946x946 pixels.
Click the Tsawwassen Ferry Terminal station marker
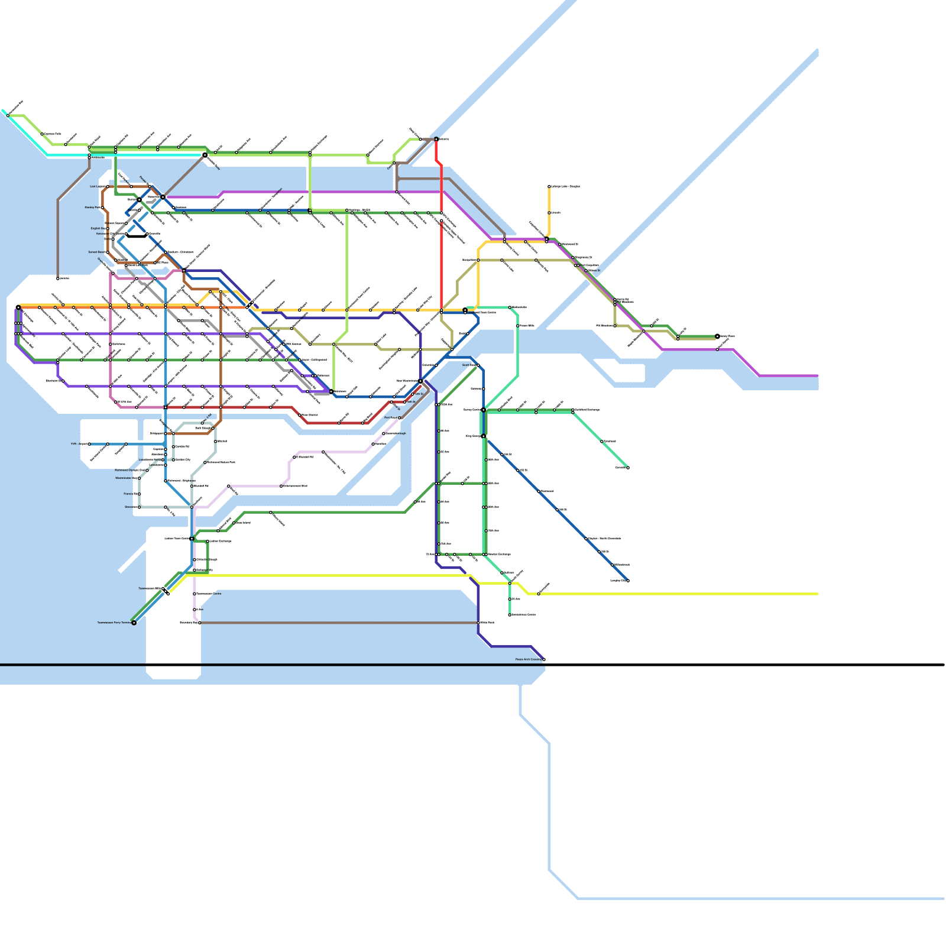(x=134, y=623)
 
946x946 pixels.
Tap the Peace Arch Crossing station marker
(x=543, y=659)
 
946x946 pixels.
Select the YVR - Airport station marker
(x=89, y=443)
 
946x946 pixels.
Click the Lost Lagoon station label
(x=98, y=186)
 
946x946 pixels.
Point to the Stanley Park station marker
(x=102, y=208)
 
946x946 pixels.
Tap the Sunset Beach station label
(x=96, y=252)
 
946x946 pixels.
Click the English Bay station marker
(x=107, y=228)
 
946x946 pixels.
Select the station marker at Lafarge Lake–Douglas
(x=549, y=186)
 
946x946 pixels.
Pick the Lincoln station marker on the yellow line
(x=549, y=212)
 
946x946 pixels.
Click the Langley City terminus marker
(x=628, y=581)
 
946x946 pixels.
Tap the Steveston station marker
(x=140, y=507)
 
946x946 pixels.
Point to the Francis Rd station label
(x=130, y=494)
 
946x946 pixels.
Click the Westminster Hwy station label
(x=126, y=478)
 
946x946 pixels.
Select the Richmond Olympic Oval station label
(x=129, y=470)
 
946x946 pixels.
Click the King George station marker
(x=484, y=436)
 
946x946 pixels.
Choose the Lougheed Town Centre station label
(x=482, y=312)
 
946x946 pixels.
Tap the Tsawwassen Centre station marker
(x=195, y=594)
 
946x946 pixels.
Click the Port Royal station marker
(x=399, y=417)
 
